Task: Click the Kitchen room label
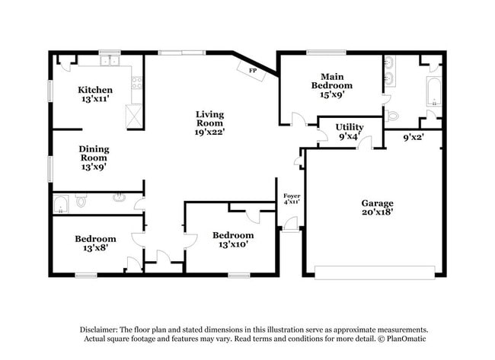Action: point(97,94)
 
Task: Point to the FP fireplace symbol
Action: point(251,69)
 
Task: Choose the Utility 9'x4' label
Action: point(350,131)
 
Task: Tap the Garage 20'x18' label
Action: point(377,207)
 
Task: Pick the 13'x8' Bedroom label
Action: point(95,243)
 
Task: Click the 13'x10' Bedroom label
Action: point(233,239)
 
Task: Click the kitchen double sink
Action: point(110,60)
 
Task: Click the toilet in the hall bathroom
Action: point(81,202)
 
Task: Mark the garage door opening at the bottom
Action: point(375,272)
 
